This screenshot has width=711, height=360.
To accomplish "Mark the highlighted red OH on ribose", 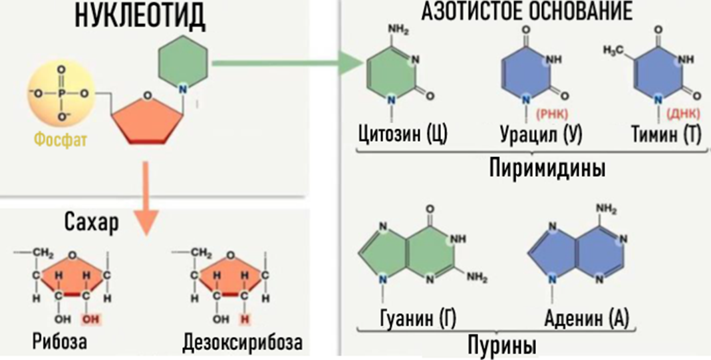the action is (89, 318).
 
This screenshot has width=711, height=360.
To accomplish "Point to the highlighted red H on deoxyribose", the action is (245, 318).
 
